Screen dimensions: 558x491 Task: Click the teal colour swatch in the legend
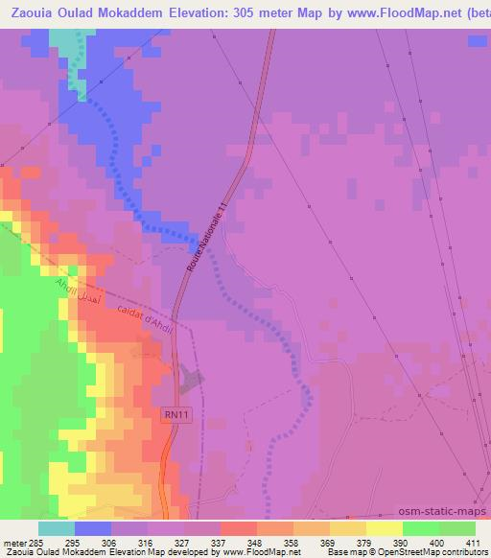point(57,528)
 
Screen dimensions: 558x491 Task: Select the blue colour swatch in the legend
point(93,528)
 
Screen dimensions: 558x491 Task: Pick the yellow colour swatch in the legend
point(385,528)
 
